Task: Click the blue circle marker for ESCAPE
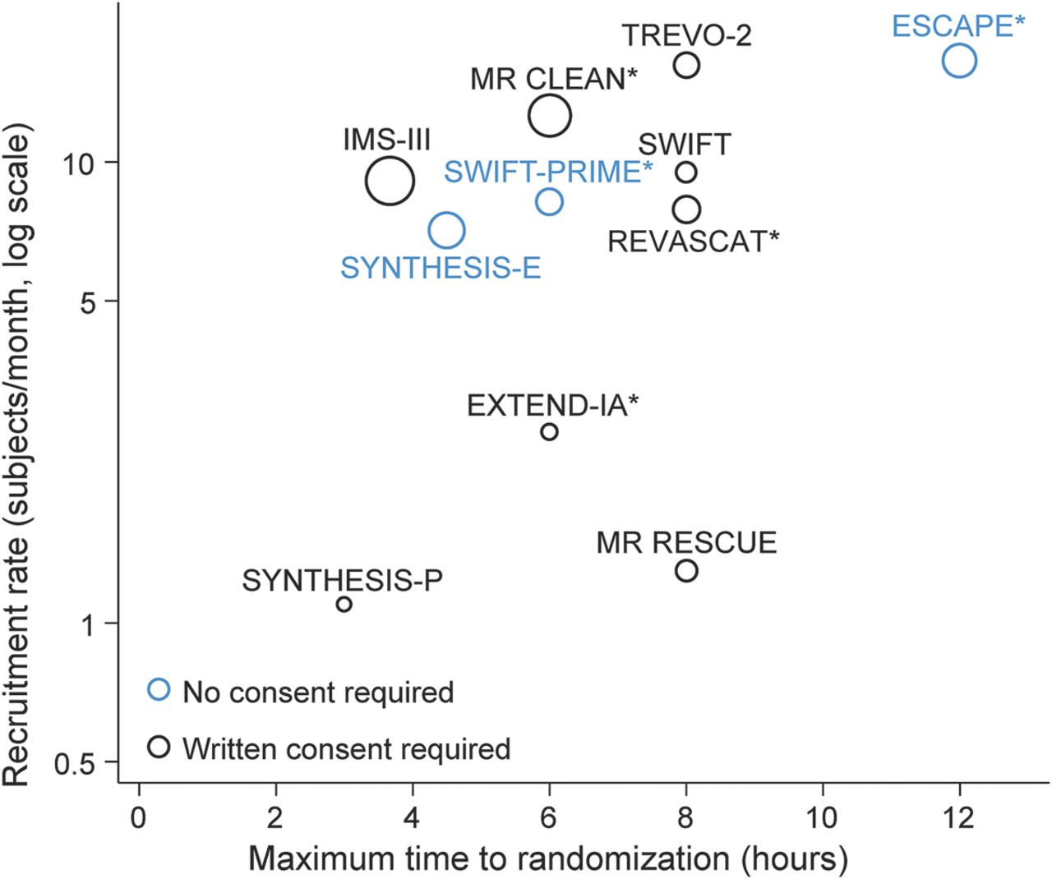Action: click(x=959, y=60)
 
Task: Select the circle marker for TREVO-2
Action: click(x=686, y=64)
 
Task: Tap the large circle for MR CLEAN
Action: click(x=550, y=115)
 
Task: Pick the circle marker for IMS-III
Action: click(x=390, y=180)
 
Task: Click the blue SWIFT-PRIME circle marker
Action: click(x=549, y=201)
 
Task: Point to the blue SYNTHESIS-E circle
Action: click(x=446, y=231)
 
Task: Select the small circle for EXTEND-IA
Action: click(x=549, y=431)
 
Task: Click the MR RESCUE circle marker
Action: click(x=686, y=570)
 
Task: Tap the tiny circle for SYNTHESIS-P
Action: click(x=344, y=604)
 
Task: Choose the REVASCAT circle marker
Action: click(x=686, y=209)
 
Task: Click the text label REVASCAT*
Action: click(x=693, y=242)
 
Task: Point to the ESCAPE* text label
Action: click(x=958, y=25)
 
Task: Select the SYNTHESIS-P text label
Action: click(x=342, y=581)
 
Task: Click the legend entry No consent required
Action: click(x=318, y=692)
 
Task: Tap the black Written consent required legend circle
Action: click(x=159, y=747)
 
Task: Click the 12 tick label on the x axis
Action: click(x=958, y=817)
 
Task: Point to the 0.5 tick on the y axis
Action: click(x=75, y=764)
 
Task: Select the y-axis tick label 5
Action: click(x=87, y=302)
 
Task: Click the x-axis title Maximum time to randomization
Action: click(x=548, y=858)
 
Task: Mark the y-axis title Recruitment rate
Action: click(x=17, y=456)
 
